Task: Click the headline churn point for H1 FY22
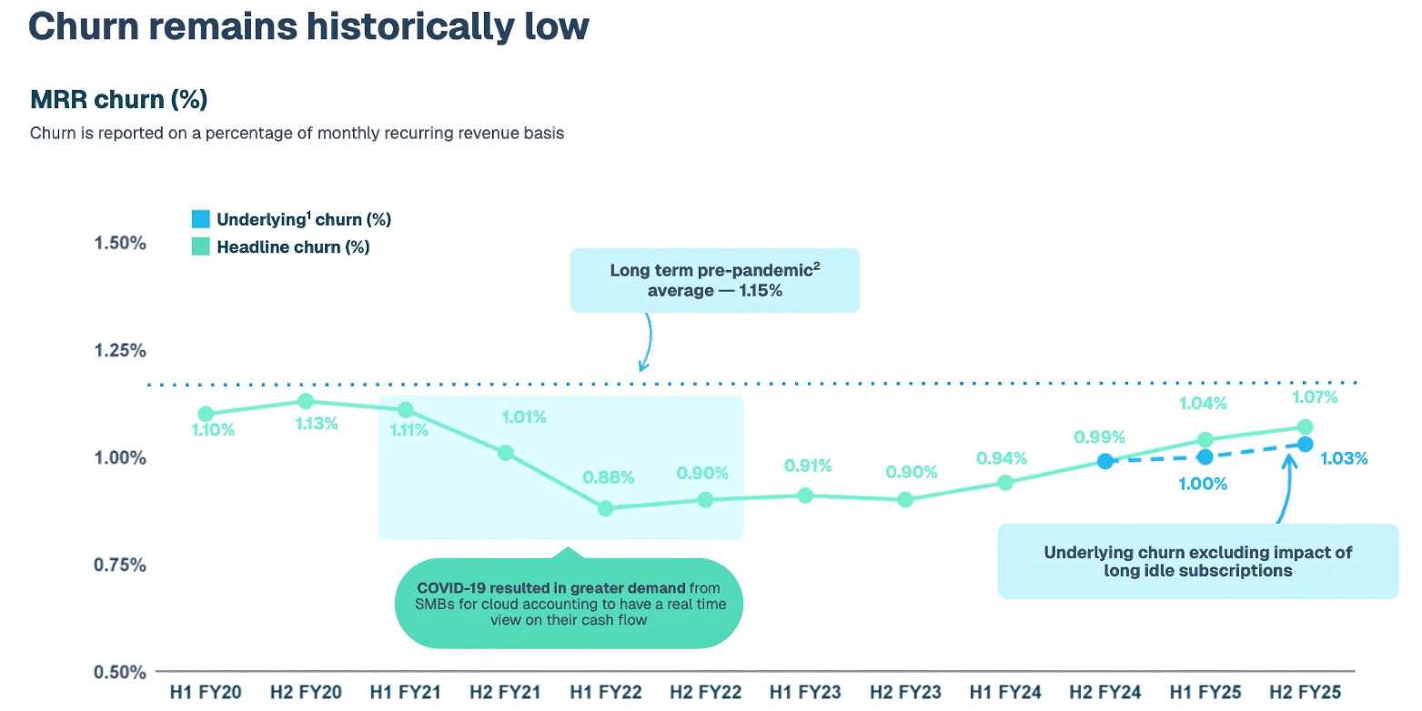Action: [606, 508]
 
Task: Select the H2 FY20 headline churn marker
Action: [306, 401]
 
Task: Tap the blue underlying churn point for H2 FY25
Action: [1305, 444]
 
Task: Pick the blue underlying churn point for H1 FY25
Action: [1205, 457]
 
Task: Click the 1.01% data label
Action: [524, 417]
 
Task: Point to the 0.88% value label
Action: [609, 476]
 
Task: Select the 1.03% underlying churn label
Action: [1343, 459]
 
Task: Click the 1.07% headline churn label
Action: [1314, 397]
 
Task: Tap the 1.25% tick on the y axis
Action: [120, 350]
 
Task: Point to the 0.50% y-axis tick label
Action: [120, 672]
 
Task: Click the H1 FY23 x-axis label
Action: [805, 693]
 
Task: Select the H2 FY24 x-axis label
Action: [1105, 693]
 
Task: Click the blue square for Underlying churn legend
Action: [200, 219]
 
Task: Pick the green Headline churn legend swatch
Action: [200, 246]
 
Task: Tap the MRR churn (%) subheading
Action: [119, 98]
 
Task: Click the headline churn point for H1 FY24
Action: [1005, 483]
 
